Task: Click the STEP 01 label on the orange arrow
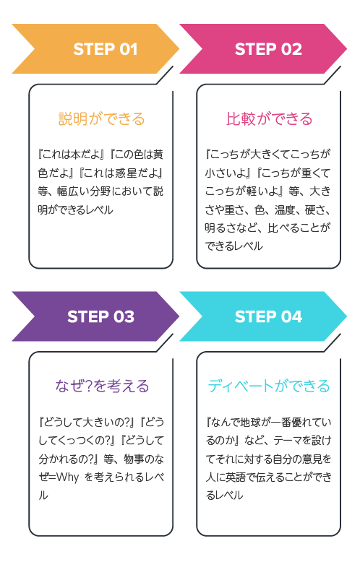106,49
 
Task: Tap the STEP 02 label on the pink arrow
268,49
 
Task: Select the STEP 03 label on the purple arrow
100,317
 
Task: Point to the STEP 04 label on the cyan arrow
269,317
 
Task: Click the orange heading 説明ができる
101,118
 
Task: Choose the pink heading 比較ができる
270,118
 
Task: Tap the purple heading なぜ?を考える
102,386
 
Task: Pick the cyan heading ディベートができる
269,386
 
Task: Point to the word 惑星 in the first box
127,173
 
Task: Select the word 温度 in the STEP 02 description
285,209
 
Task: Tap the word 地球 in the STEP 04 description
250,422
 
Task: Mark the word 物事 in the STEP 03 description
134,459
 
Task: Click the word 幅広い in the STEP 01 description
72,191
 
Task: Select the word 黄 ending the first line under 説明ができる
158,155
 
